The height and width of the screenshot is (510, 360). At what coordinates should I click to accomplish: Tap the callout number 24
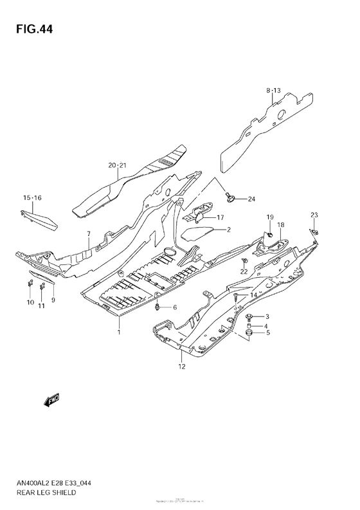(251, 198)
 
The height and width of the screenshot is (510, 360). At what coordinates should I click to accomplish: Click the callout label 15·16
(32, 197)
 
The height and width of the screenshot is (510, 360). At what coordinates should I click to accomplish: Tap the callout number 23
(314, 214)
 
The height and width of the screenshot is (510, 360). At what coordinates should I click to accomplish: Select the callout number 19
(270, 217)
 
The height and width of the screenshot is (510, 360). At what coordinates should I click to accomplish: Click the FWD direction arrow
(52, 402)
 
